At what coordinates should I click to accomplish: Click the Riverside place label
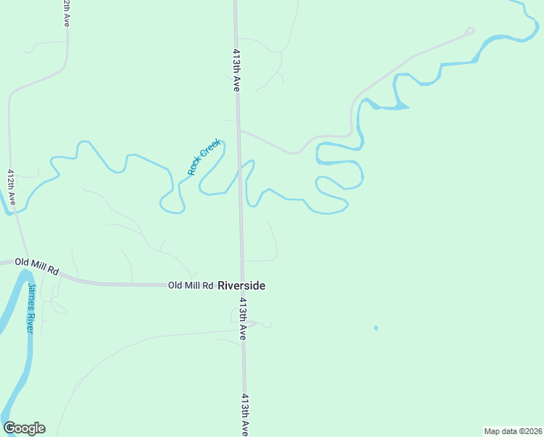pos(241,286)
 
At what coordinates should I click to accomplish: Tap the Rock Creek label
pos(204,158)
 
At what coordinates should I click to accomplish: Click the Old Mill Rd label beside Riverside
pos(191,286)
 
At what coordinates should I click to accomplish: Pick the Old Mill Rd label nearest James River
pos(36,266)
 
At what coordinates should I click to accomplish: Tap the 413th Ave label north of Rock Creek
pos(236,70)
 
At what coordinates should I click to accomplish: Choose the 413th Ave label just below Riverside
pos(243,319)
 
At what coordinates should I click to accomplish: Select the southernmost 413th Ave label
pos(246,415)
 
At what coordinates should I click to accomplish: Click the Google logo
pos(24,428)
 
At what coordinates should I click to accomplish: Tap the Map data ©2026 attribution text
pos(513,431)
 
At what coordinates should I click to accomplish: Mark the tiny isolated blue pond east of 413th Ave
pos(376,328)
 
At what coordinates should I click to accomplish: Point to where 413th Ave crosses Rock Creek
pos(239,173)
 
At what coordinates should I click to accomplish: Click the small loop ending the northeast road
pos(469,31)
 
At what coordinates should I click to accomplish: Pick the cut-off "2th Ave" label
pos(65,13)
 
